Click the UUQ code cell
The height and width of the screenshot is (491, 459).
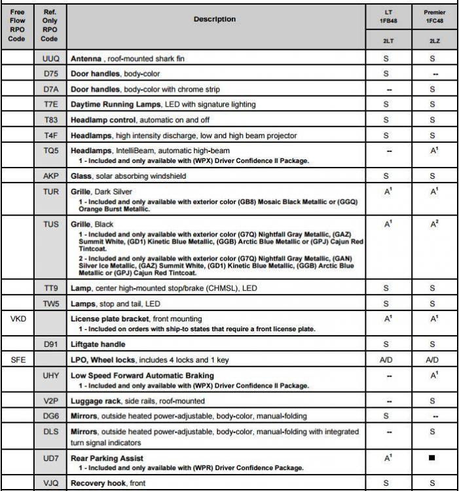(x=49, y=59)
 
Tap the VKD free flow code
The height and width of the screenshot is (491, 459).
(x=18, y=319)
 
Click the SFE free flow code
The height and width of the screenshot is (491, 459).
(x=18, y=360)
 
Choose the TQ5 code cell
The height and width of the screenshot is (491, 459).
(x=49, y=151)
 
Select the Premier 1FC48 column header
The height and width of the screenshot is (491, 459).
(x=431, y=16)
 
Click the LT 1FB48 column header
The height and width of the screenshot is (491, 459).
(x=388, y=16)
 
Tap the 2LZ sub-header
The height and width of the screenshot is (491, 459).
(x=431, y=41)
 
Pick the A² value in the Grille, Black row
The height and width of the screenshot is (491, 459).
(x=431, y=225)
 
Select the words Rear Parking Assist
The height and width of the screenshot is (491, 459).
(x=107, y=458)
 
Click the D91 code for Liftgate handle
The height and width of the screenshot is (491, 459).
(x=49, y=344)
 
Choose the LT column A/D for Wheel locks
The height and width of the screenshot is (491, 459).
(x=388, y=360)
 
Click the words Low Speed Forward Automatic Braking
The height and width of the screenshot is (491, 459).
(x=142, y=375)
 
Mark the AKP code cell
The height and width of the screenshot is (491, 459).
(x=49, y=176)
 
